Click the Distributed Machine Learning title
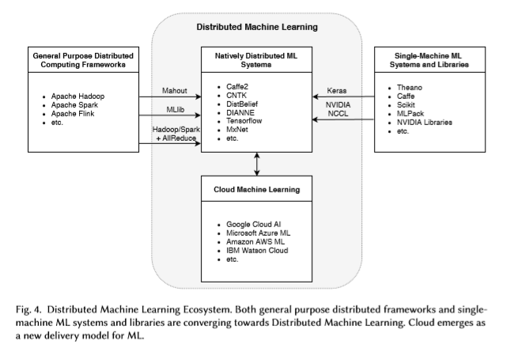[x=257, y=27]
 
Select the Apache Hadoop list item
[x=77, y=97]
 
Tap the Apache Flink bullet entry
[x=73, y=114]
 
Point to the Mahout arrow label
[x=175, y=90]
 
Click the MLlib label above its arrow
[x=175, y=109]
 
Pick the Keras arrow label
[x=337, y=90]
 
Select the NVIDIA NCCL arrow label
[x=338, y=109]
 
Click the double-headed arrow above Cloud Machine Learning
[x=257, y=164]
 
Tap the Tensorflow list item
[x=244, y=121]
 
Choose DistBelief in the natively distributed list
[x=242, y=104]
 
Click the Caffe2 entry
[x=237, y=87]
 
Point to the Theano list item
[x=410, y=88]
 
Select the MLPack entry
[x=410, y=114]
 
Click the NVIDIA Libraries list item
[x=425, y=123]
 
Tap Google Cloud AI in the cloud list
[x=253, y=225]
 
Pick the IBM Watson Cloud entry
[x=257, y=251]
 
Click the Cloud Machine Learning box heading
[x=257, y=190]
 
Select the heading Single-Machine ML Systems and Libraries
[x=429, y=60]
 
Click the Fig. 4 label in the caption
[x=28, y=309]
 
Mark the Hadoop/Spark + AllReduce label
[x=176, y=134]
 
